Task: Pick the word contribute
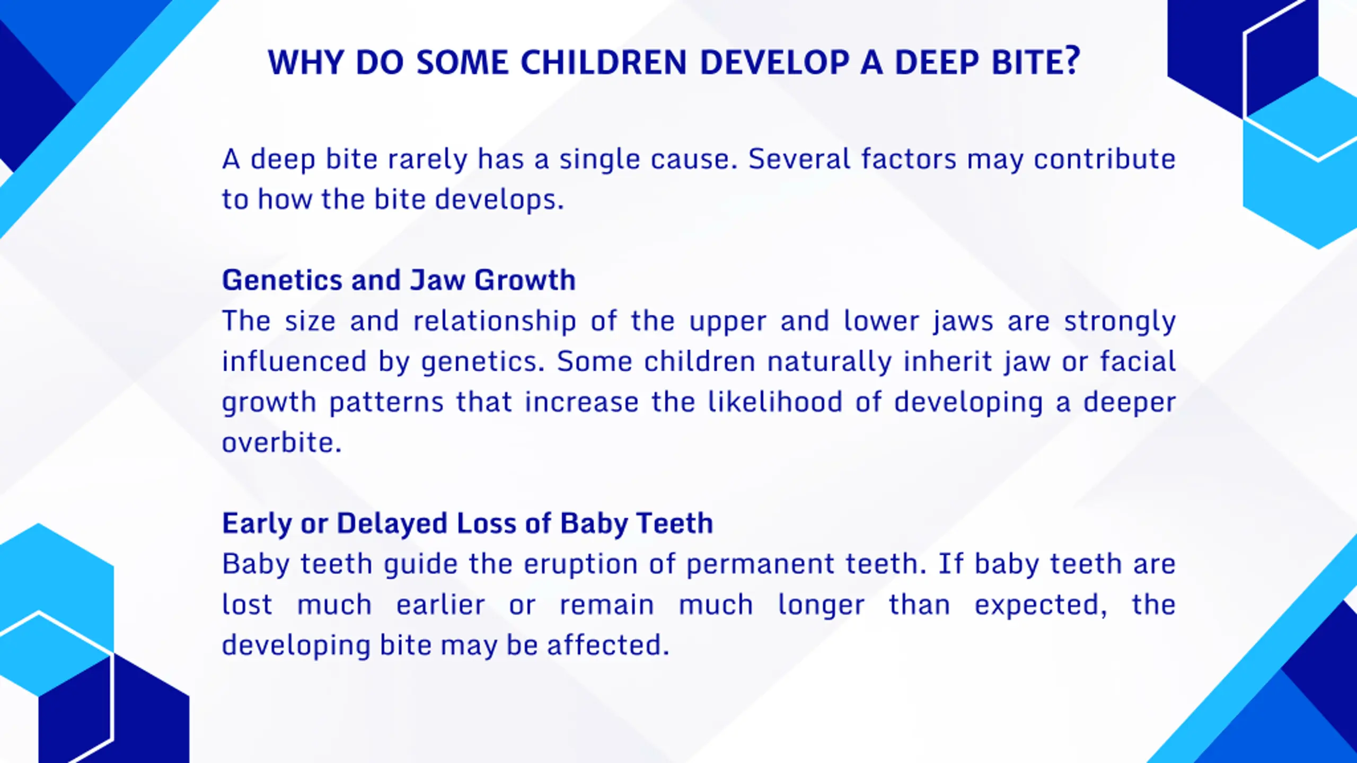coord(1105,159)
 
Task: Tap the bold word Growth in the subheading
coord(525,280)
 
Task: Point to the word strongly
coord(1120,322)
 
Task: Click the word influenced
coord(294,361)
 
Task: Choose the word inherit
coord(947,361)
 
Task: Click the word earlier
coord(440,605)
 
